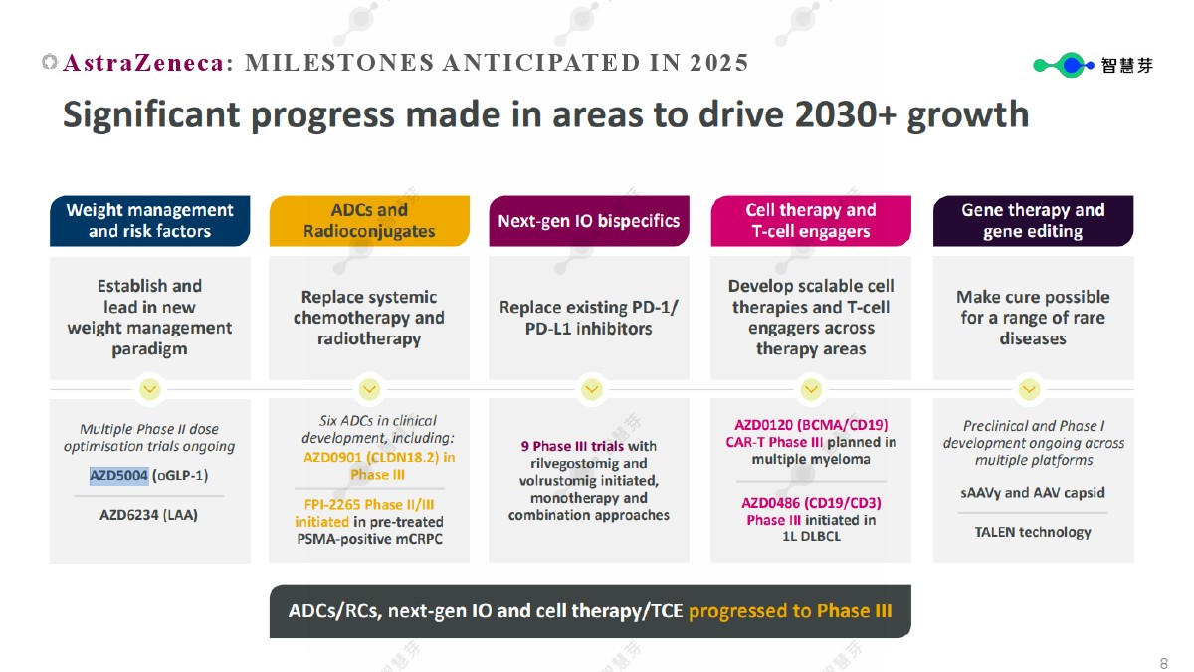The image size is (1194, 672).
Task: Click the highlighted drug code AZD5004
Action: coord(118,475)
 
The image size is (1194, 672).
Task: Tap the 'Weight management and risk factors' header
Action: coord(150,221)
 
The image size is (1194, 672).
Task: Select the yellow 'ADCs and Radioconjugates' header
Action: coord(369,221)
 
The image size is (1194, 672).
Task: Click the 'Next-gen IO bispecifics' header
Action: coord(589,221)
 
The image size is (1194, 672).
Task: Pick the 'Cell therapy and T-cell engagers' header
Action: coord(811,221)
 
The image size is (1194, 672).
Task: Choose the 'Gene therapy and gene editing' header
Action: coord(1033,221)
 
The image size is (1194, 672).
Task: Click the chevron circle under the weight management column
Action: coord(150,389)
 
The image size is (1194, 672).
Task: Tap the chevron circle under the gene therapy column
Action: coord(1029,389)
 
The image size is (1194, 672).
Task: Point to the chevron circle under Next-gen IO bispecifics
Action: coord(592,389)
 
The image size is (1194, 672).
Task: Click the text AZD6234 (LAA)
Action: coord(148,515)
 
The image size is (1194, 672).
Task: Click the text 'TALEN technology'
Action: coord(1033,532)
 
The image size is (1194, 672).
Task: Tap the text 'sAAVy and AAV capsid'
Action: coord(1033,492)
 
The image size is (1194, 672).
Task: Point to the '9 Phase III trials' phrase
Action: coord(572,446)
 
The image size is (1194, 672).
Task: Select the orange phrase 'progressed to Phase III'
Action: coord(790,610)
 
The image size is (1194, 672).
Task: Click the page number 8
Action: coord(1163,663)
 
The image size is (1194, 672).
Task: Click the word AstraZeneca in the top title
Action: coord(143,63)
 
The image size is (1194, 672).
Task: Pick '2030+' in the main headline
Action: coord(846,114)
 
